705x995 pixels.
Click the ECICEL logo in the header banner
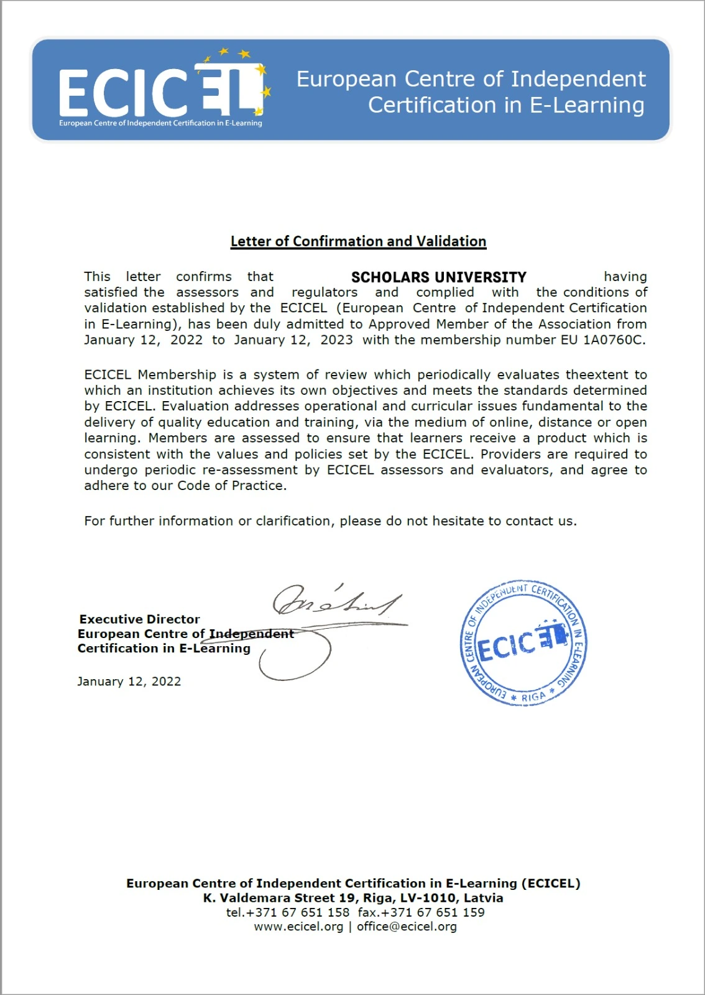pos(163,90)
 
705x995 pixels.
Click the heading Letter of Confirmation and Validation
pos(358,241)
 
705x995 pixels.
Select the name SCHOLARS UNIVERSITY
pos(438,277)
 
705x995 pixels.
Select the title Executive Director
pos(139,619)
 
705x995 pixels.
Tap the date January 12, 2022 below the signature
pos(129,682)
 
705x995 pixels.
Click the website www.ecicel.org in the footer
pos(298,927)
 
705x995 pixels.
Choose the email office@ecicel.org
pos(407,927)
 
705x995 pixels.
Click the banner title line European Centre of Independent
pos(471,79)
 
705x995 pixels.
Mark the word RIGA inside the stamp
pos(533,697)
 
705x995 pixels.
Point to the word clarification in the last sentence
pos(294,521)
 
